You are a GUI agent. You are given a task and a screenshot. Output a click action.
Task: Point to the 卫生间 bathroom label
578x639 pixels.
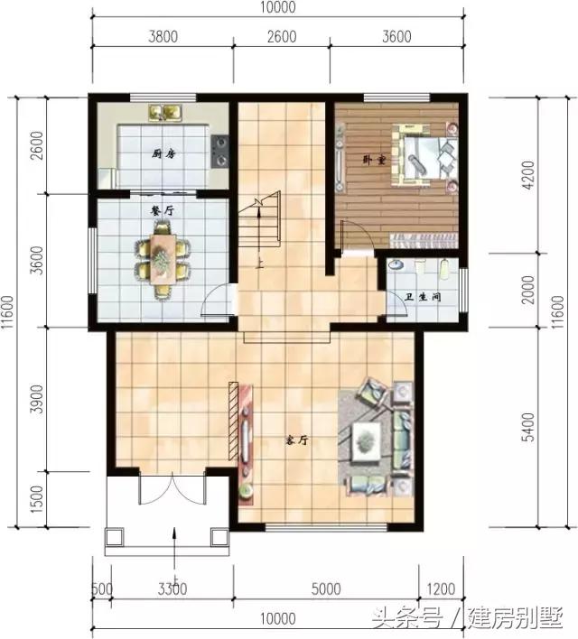424,294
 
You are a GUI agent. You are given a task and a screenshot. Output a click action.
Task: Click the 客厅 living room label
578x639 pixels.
298,440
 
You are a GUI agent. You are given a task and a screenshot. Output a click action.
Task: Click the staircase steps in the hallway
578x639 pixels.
262,226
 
